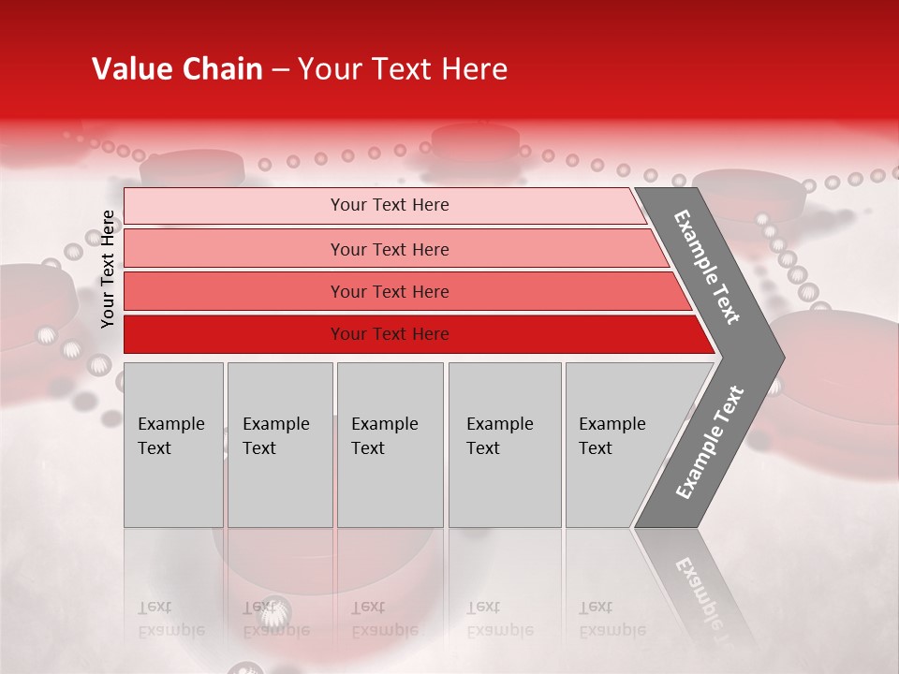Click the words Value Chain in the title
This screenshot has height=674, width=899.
coord(177,69)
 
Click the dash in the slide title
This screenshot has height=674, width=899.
coord(279,69)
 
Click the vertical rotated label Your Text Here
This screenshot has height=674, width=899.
coord(108,270)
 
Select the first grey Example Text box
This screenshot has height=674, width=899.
coord(173,445)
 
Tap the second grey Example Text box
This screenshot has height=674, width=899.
coord(280,445)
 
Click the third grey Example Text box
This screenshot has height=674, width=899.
coord(390,445)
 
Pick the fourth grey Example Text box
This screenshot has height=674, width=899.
coord(505,445)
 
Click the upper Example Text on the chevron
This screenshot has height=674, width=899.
coord(707,267)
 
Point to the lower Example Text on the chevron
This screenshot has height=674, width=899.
coord(710,443)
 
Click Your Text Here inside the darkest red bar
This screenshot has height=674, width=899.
coord(390,334)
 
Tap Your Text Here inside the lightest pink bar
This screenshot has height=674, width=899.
coord(390,205)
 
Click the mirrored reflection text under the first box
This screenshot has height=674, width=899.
coord(170,619)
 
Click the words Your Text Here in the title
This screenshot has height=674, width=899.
coord(403,69)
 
